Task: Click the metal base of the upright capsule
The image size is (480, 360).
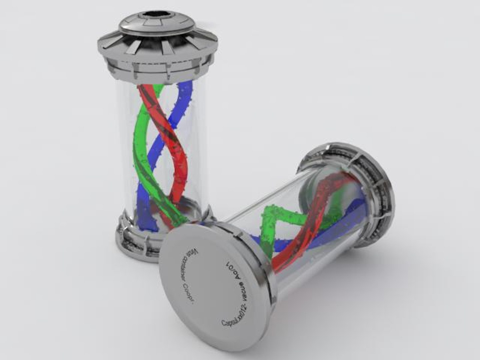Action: coord(133,240)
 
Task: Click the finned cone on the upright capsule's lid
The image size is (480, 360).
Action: coord(157,43)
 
